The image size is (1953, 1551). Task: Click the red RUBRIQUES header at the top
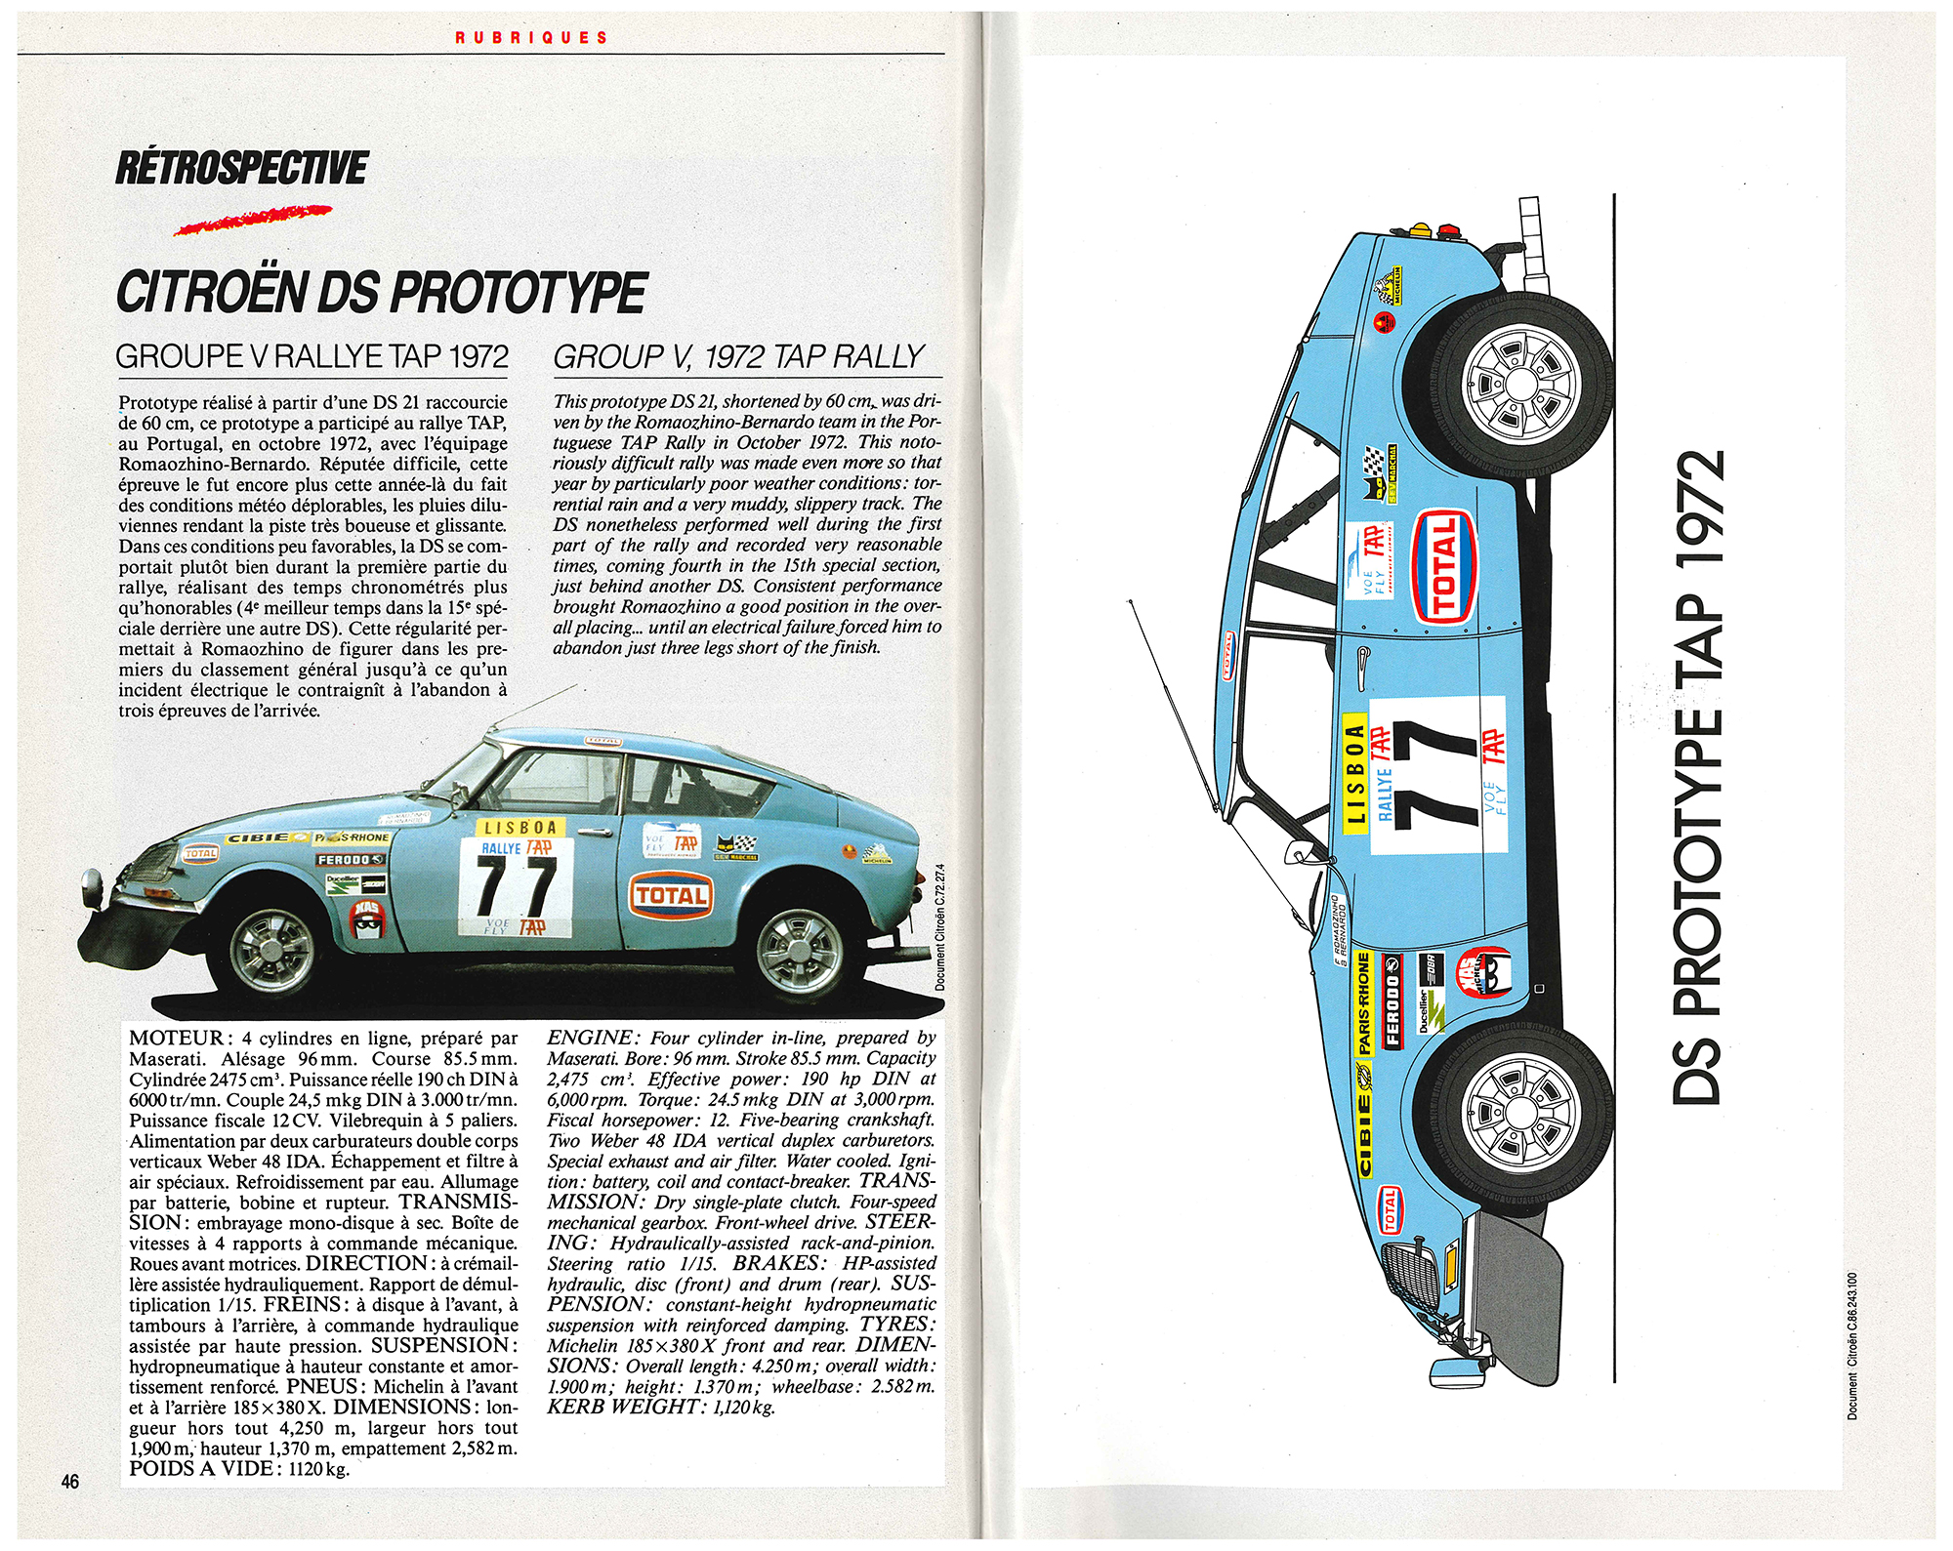531,38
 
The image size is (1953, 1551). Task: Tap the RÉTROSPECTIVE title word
241,168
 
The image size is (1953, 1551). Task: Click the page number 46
70,1482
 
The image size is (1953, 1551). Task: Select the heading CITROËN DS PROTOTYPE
381,292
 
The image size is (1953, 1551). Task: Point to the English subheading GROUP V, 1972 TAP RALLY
738,357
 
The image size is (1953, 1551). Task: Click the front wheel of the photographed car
272,951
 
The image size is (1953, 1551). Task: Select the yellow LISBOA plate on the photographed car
519,828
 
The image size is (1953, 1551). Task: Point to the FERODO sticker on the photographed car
349,860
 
